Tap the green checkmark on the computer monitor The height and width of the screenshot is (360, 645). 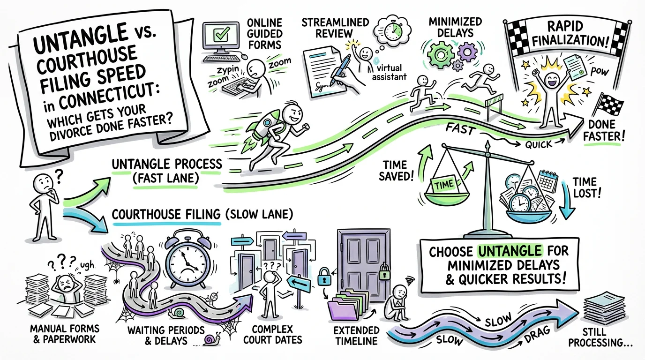point(217,35)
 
